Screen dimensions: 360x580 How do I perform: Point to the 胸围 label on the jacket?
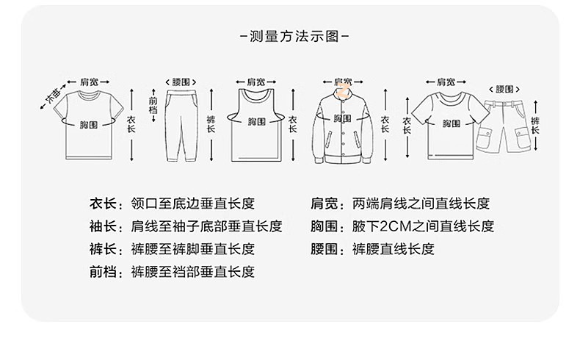(x=342, y=118)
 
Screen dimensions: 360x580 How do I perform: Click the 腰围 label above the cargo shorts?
(x=504, y=89)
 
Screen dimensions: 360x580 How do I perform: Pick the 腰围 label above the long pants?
(x=181, y=81)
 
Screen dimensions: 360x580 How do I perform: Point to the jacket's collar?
(x=343, y=92)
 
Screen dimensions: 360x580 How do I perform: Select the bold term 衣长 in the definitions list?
(x=103, y=204)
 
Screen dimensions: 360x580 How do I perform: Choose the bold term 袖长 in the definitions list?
(x=103, y=226)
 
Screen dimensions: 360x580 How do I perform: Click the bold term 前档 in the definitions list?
(x=103, y=272)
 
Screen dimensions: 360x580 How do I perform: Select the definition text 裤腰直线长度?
(x=393, y=249)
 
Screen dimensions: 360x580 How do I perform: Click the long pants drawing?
(x=180, y=125)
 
